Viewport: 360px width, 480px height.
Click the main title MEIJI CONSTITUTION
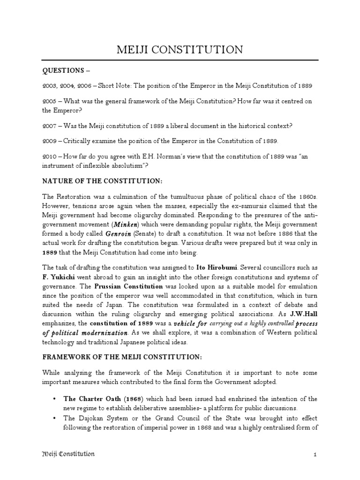180,49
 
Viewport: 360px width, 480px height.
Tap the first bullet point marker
55,398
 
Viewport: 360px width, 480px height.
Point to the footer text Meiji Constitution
68,454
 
